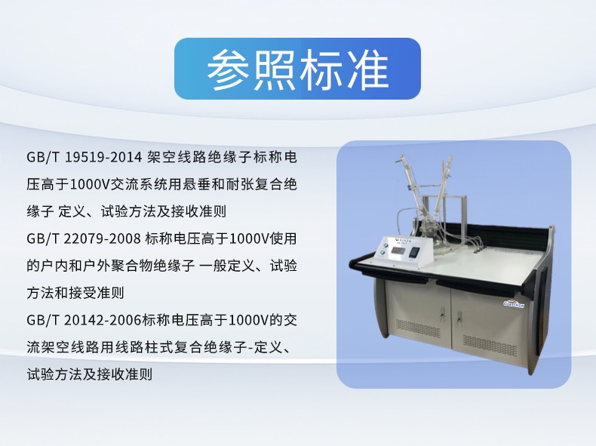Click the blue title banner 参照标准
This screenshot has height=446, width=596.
[297, 69]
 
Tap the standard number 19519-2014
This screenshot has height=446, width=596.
[103, 157]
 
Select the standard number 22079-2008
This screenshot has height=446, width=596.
[103, 238]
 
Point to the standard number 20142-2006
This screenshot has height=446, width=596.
[103, 321]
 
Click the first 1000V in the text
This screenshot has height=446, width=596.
[89, 184]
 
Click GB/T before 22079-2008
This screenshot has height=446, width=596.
[43, 238]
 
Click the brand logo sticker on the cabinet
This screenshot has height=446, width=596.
[513, 304]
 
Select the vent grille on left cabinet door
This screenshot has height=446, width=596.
[418, 328]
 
